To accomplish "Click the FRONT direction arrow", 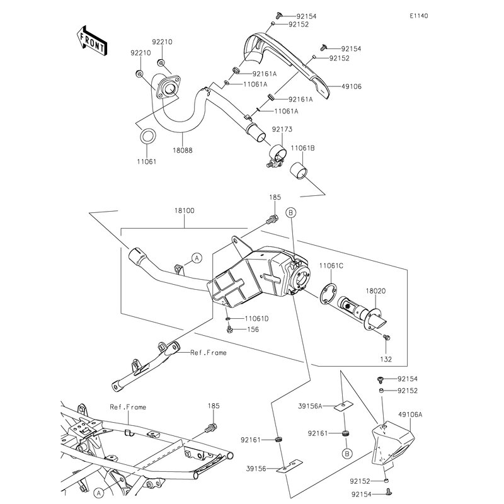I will click(93, 40).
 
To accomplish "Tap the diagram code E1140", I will click(418, 16).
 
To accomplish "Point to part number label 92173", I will click(282, 129).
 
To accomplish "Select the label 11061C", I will click(330, 266).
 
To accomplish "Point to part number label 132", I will click(386, 359).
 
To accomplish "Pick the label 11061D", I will click(256, 319).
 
